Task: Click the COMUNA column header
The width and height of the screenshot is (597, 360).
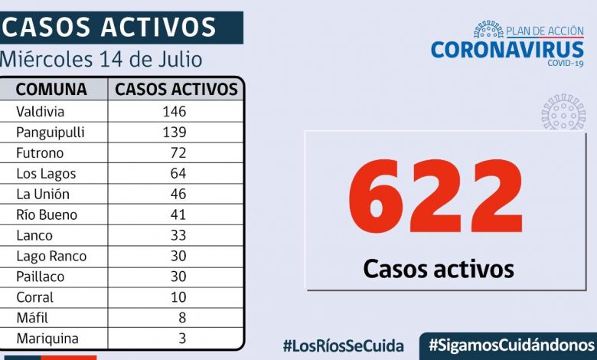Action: tap(51, 89)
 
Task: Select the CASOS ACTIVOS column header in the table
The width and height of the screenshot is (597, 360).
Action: tap(176, 89)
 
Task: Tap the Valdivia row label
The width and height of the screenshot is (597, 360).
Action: tap(41, 111)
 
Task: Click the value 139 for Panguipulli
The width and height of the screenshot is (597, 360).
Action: tap(174, 132)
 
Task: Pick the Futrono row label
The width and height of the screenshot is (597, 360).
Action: tap(38, 152)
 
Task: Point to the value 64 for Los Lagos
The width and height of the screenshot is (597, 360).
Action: tap(178, 173)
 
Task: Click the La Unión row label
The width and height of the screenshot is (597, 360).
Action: tap(42, 194)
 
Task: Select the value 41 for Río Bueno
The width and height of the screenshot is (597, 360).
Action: tap(178, 214)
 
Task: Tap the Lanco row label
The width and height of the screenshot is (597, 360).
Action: tap(34, 235)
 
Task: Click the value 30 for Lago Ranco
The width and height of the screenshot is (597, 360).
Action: tap(178, 256)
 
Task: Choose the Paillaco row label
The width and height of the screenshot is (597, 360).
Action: tap(40, 277)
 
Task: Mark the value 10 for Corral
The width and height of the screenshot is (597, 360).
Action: tap(178, 297)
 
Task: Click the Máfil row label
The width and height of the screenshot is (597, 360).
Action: tap(31, 318)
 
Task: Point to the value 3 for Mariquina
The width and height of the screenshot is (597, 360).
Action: tap(181, 338)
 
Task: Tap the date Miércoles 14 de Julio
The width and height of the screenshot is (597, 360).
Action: tap(102, 59)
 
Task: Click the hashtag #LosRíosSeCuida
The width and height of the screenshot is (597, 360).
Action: tap(343, 345)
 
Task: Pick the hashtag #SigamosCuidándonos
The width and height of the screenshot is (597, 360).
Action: tap(511, 345)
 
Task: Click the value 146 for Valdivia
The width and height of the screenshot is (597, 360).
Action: tap(174, 111)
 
